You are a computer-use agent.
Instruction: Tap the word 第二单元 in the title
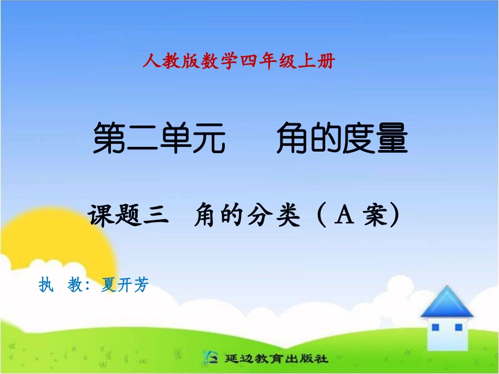[x=159, y=138]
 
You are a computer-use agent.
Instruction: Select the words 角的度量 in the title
[x=341, y=138]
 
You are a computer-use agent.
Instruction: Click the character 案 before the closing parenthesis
[x=373, y=216]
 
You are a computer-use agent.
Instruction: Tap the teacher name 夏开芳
[x=125, y=285]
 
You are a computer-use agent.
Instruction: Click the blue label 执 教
[x=59, y=285]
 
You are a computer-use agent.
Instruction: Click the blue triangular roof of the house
[x=446, y=303]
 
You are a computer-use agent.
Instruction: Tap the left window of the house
[x=435, y=327]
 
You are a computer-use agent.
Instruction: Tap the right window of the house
[x=458, y=327]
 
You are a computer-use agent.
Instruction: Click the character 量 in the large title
[x=391, y=138]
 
